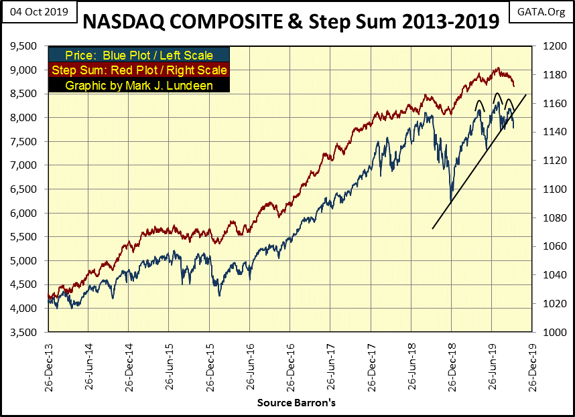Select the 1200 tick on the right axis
pos(548,46)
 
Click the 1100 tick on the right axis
pos(548,189)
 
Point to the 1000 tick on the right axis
pos(548,333)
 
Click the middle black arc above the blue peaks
pos(497,98)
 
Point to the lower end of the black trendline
pos(433,229)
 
